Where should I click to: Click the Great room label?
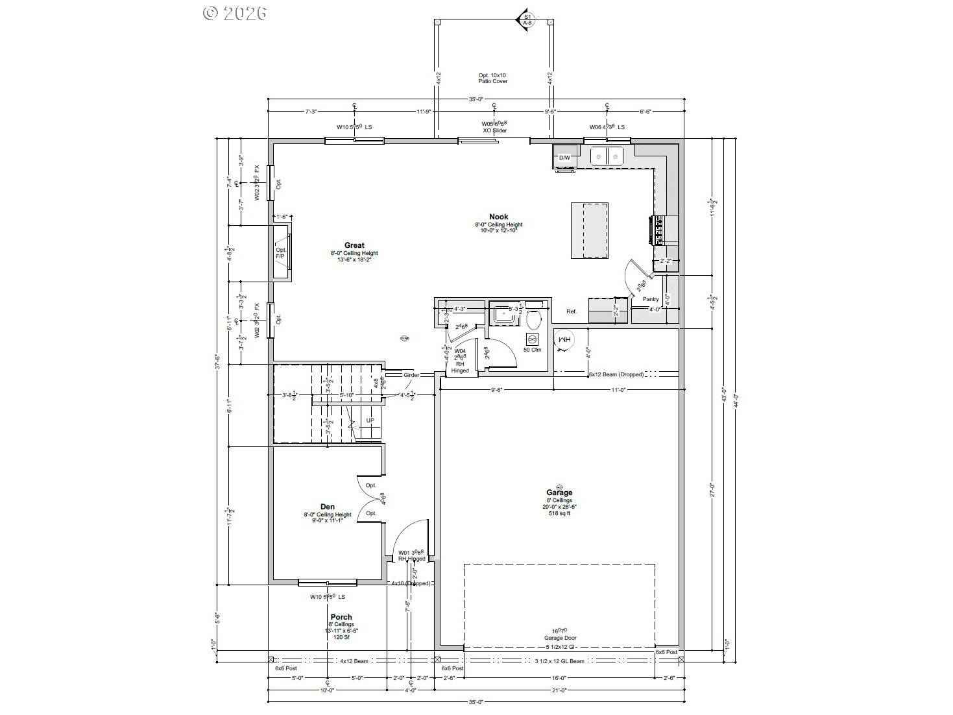354,246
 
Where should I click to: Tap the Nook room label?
498,217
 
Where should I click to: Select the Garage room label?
559,492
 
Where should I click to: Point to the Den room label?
328,507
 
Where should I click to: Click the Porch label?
341,617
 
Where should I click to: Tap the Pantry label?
651,299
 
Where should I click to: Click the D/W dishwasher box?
564,158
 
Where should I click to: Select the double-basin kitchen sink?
607,156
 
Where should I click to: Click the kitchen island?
590,230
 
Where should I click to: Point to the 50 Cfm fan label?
532,350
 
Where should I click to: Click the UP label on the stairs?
370,420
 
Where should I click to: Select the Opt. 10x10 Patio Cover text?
492,79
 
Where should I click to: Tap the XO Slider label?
494,130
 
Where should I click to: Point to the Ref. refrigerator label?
572,311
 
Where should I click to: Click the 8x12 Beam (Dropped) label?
616,374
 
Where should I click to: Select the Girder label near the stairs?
411,375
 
